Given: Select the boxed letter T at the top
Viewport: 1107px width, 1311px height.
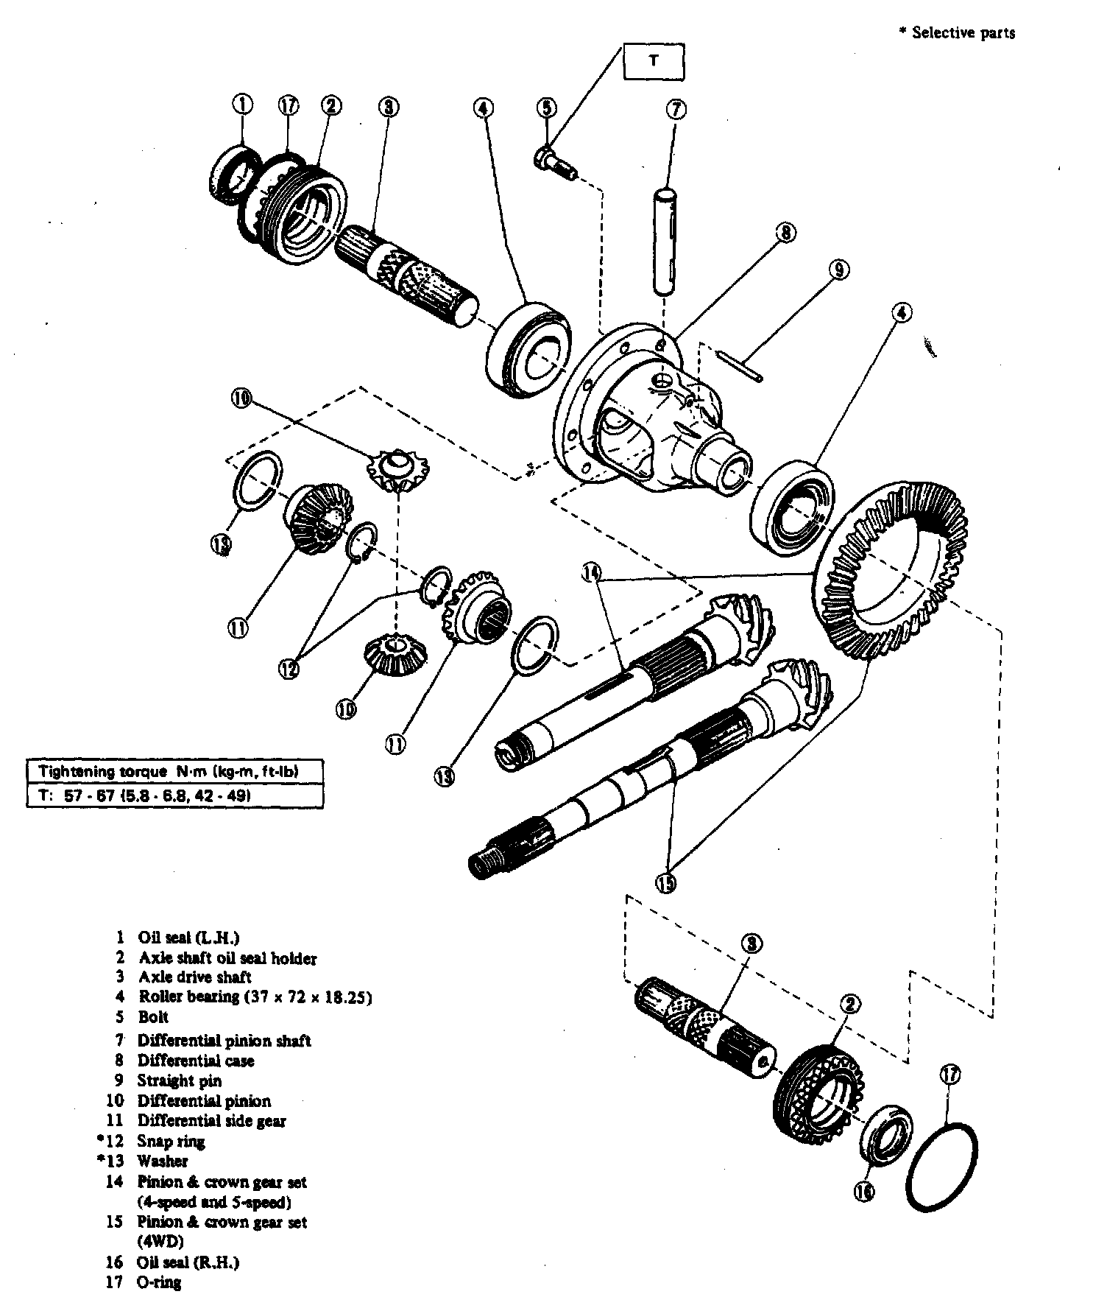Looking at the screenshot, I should click(654, 62).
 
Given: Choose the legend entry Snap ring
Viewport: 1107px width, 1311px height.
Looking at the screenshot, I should click(171, 1141).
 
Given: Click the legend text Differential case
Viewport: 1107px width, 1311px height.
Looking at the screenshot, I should click(195, 1061).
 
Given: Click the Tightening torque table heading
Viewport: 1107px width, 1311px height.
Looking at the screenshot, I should click(173, 772).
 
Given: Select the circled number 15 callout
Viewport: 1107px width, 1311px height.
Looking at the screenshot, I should click(666, 882).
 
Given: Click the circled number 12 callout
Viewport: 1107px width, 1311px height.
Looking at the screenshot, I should click(289, 668).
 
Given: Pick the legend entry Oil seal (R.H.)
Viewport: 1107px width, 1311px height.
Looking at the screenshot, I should click(188, 1262).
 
